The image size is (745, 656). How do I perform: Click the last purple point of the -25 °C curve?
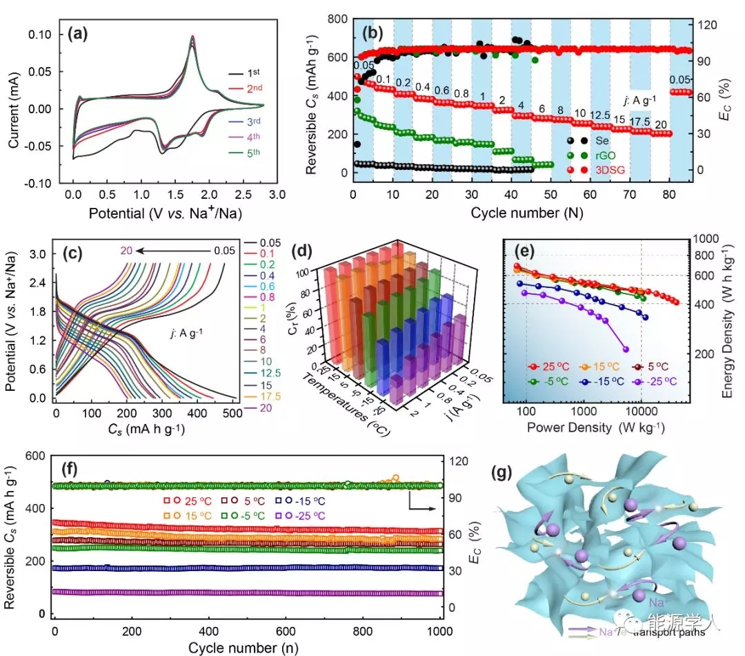coord(626,349)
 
